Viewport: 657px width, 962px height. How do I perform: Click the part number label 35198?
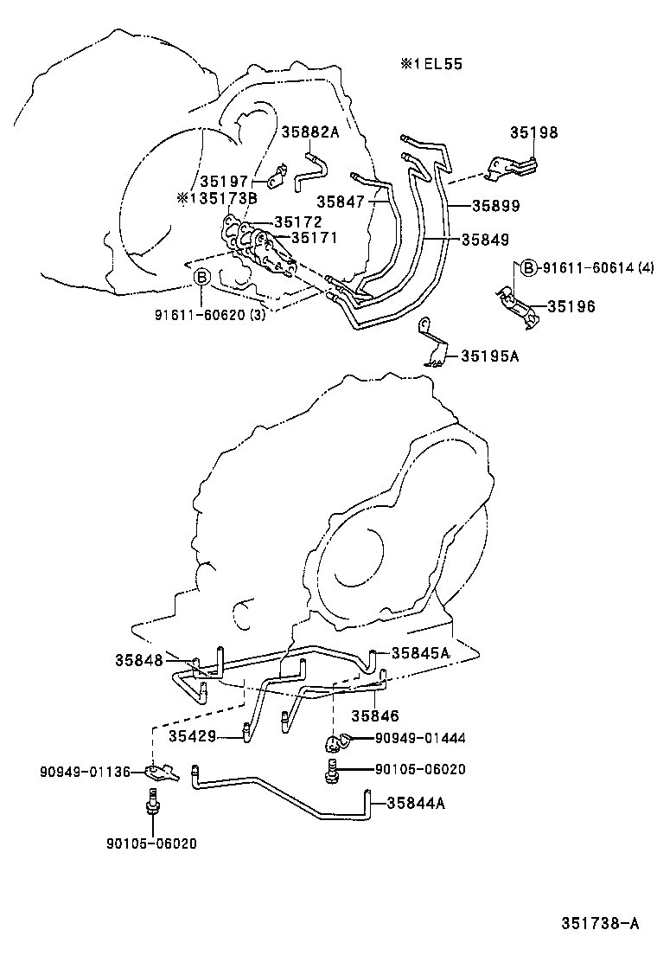[x=533, y=133]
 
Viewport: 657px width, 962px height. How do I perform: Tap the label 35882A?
[x=310, y=131]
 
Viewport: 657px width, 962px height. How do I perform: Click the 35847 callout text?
[x=341, y=201]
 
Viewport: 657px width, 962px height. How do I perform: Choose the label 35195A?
[x=489, y=355]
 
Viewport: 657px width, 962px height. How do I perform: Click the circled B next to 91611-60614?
[x=530, y=268]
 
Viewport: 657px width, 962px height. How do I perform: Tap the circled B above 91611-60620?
[x=201, y=278]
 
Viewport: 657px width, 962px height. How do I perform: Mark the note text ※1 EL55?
[x=431, y=65]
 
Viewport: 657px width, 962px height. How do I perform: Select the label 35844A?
[x=416, y=803]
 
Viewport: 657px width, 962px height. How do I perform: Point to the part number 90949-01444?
[x=420, y=738]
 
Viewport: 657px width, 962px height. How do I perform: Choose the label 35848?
[x=138, y=660]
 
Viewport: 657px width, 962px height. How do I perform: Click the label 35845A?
[x=420, y=653]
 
